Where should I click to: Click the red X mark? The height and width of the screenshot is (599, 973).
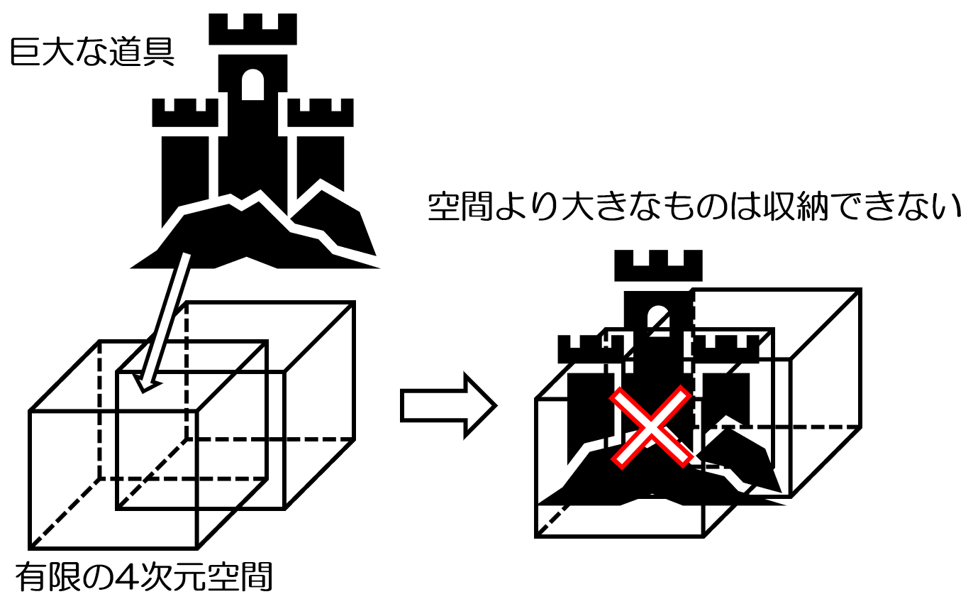651,428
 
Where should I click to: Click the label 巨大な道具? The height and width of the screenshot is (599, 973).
92,53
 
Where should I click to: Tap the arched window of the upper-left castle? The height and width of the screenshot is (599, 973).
252,85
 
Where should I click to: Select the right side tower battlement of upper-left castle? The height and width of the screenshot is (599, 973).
321,113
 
